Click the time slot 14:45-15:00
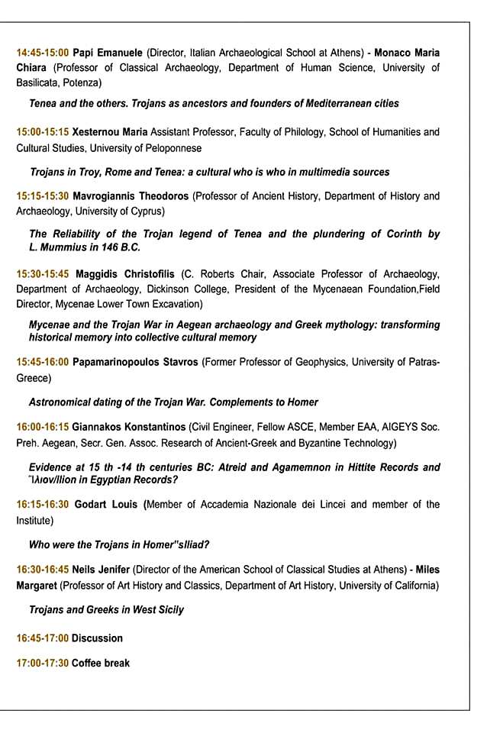coord(43,53)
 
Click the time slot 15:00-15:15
coord(43,132)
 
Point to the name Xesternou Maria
coord(109,132)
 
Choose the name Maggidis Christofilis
coord(123,274)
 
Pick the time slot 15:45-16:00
coord(43,362)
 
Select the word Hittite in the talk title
coord(350,467)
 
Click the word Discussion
coord(97,638)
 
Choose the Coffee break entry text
coord(101,663)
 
